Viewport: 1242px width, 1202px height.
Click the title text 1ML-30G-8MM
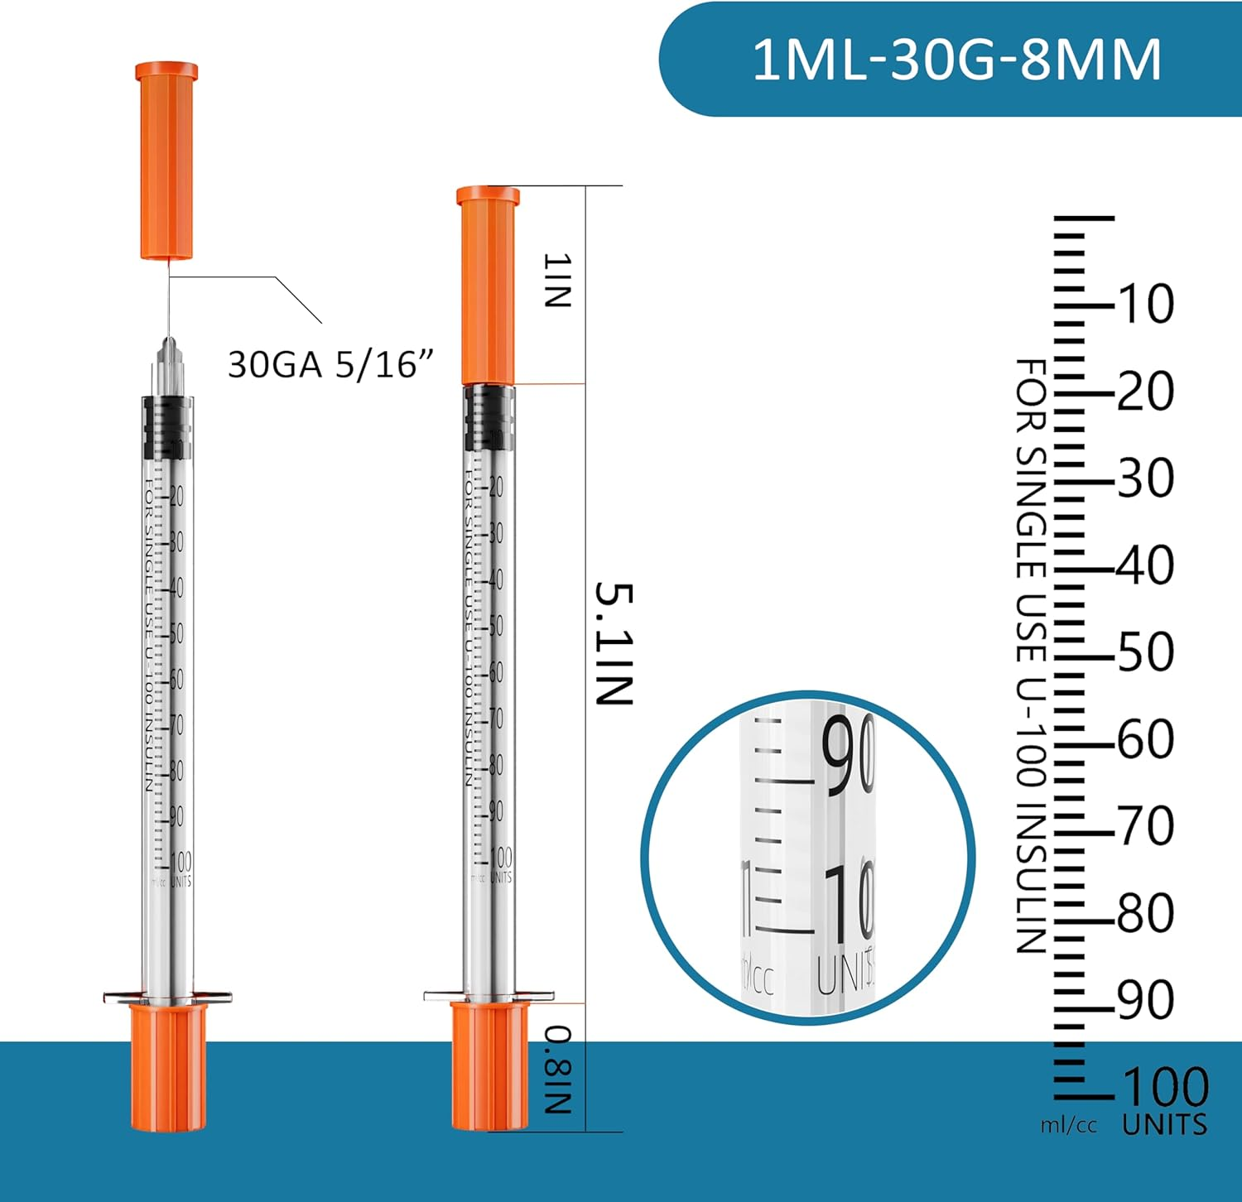[956, 60]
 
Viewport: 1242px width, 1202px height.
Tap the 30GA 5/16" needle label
[330, 364]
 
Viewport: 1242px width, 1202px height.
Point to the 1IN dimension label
[557, 281]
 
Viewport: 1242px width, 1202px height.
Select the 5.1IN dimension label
[614, 643]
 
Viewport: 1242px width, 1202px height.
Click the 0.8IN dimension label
[557, 1069]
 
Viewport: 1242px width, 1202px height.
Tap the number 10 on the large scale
[1146, 304]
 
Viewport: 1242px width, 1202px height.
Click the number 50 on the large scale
[1146, 652]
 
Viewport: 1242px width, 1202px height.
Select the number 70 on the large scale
[1146, 826]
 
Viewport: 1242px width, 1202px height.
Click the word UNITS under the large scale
[1164, 1125]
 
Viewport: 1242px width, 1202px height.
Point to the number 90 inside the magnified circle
[848, 755]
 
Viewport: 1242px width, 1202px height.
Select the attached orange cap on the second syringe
[489, 286]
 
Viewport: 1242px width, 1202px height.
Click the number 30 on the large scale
[1146, 478]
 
